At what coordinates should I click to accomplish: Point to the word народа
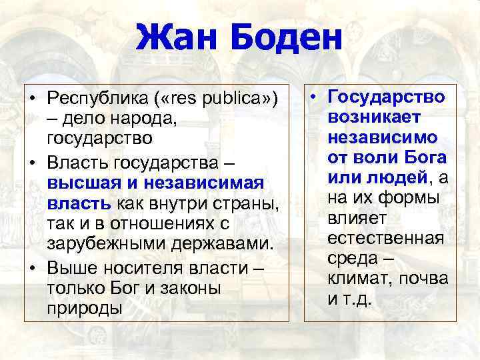118,119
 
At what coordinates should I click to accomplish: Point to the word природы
84,309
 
